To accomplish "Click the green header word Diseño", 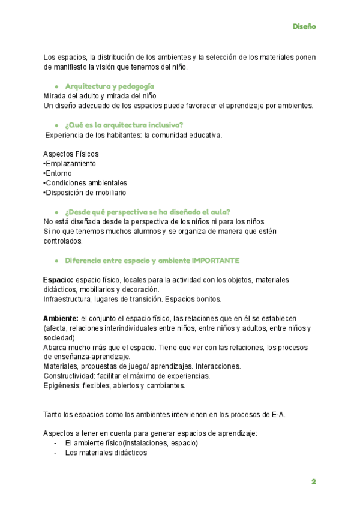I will tap(304, 26).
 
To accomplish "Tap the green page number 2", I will tap(313, 481).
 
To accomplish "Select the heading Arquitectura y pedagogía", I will tap(109, 86).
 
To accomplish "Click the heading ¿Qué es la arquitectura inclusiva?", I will tap(124, 125).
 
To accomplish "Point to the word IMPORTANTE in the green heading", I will tap(215, 260).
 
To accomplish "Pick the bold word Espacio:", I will tap(58, 280).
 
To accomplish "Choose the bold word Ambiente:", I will tap(61, 318).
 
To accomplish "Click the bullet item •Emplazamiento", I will tap(70, 164).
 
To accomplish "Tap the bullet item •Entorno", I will tap(58, 173).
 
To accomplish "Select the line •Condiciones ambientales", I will tap(85, 183).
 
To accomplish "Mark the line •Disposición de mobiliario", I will tap(85, 193).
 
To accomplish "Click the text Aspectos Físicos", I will tap(71, 154).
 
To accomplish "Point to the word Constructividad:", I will tap(70, 376).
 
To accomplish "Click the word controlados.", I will tap(63, 241).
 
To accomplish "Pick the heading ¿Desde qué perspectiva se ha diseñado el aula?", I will tap(148, 212).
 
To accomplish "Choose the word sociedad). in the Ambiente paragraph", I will tap(59, 337).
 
